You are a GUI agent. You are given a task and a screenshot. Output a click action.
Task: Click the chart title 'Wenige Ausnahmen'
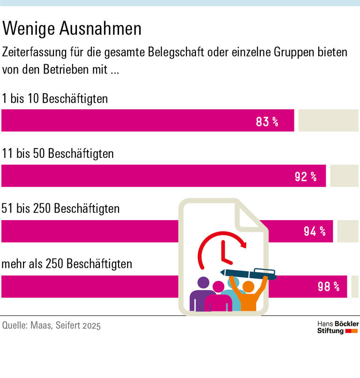coord(72,29)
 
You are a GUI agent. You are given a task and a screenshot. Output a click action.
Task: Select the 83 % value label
coord(267,122)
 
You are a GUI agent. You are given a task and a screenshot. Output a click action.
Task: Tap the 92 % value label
coord(306,177)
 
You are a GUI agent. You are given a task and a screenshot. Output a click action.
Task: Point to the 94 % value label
coord(315,231)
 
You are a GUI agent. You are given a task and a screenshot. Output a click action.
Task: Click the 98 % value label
coord(328,286)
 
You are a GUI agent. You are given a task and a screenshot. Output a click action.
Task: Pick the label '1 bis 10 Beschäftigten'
coord(55,99)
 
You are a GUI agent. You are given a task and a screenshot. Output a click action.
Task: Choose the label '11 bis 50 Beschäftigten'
coord(58,154)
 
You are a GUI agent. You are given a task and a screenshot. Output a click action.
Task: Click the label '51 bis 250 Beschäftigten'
coord(61,208)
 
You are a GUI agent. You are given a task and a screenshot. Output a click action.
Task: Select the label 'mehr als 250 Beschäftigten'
coord(67,264)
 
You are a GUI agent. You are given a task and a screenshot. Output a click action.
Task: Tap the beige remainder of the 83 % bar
coord(328,120)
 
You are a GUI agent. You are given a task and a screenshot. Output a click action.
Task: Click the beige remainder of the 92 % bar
coord(344,176)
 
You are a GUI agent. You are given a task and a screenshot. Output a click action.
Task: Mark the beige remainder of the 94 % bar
coord(347,231)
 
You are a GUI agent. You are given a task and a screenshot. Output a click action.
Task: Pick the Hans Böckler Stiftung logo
coord(337,327)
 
